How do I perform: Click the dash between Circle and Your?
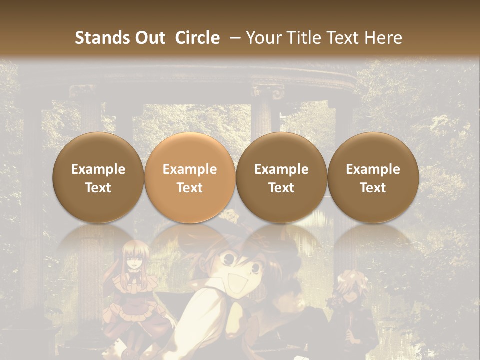pyautogui.click(x=234, y=38)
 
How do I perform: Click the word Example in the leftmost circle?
pyautogui.click(x=98, y=169)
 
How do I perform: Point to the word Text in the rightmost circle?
pyautogui.click(x=373, y=188)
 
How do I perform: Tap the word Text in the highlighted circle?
pyautogui.click(x=190, y=188)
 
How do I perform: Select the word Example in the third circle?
pyautogui.click(x=281, y=169)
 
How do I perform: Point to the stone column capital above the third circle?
pyautogui.click(x=268, y=93)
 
